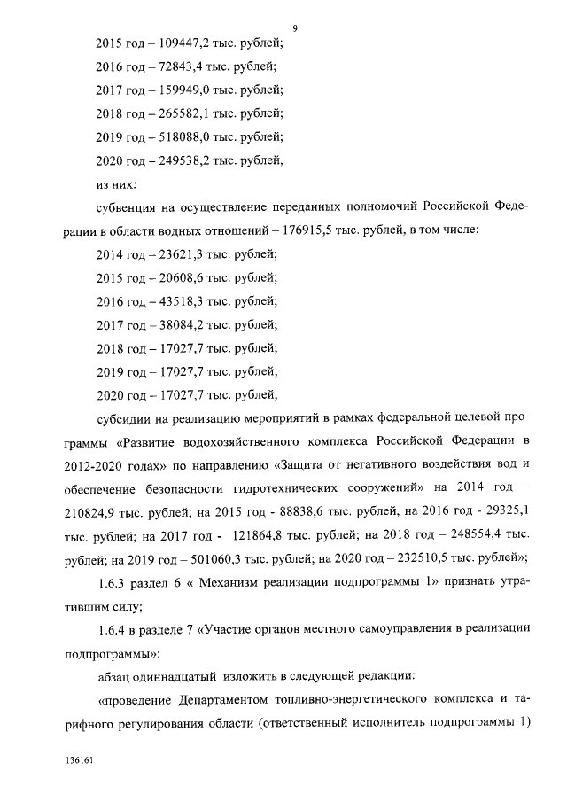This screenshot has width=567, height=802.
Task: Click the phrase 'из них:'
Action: coord(113,183)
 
